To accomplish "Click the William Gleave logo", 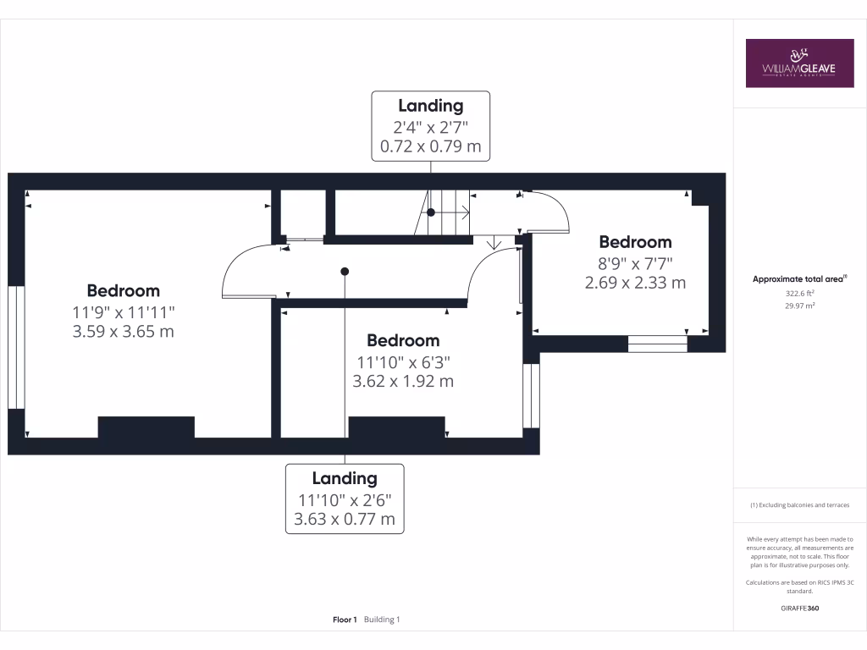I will click(x=799, y=63).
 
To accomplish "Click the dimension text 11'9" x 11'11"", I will click(x=124, y=311).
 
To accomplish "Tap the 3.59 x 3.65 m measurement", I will click(x=124, y=331).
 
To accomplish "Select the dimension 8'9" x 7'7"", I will click(x=635, y=262).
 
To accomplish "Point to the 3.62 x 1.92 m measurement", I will click(x=403, y=381).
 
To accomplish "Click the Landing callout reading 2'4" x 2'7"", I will click(x=430, y=126).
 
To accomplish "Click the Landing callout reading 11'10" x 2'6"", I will click(x=345, y=499).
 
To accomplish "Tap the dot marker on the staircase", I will click(x=430, y=212).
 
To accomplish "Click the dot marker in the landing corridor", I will click(x=345, y=272).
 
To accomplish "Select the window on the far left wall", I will click(x=15, y=348).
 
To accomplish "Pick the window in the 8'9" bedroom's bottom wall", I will click(x=657, y=344).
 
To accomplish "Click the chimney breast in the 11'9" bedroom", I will click(x=146, y=427).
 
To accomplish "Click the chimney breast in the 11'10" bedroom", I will click(x=396, y=427).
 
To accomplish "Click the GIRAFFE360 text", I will click(x=799, y=609).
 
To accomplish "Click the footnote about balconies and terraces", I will click(x=799, y=505).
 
